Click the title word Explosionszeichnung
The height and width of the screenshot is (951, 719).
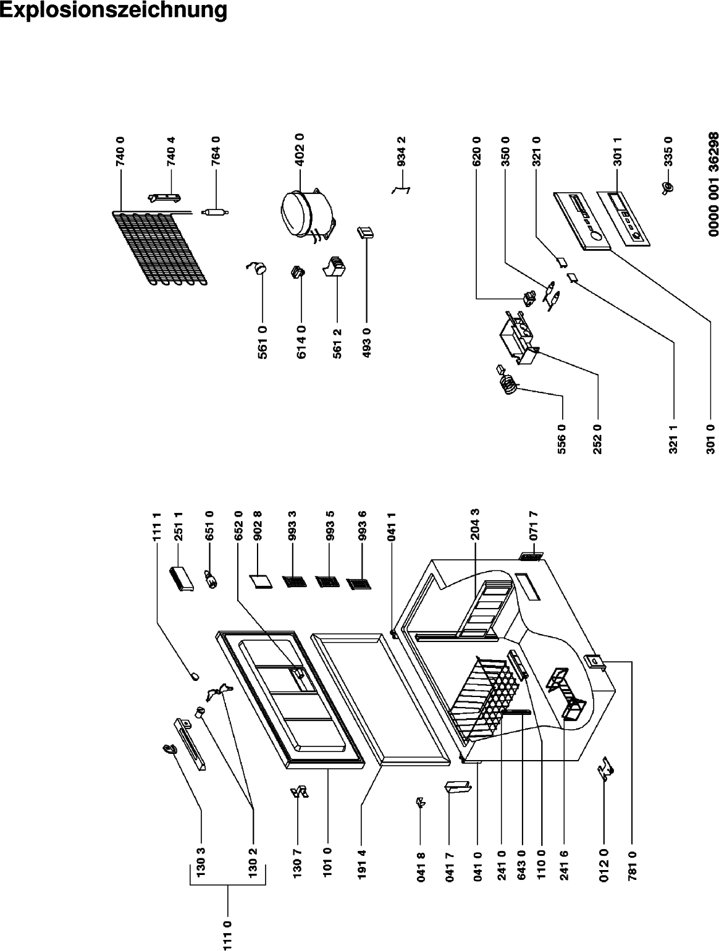pyautogui.click(x=114, y=11)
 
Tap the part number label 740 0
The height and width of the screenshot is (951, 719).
pyautogui.click(x=120, y=151)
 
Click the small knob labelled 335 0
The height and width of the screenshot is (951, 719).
pyautogui.click(x=668, y=188)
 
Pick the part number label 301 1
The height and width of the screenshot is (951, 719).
pyautogui.click(x=617, y=151)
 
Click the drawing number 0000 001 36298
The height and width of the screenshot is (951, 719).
pyautogui.click(x=713, y=185)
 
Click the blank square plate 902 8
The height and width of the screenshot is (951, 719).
pyautogui.click(x=261, y=581)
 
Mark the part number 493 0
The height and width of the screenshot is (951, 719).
pyautogui.click(x=366, y=343)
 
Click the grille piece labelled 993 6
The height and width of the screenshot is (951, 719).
pyautogui.click(x=359, y=583)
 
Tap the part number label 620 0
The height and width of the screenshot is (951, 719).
pyautogui.click(x=476, y=151)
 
